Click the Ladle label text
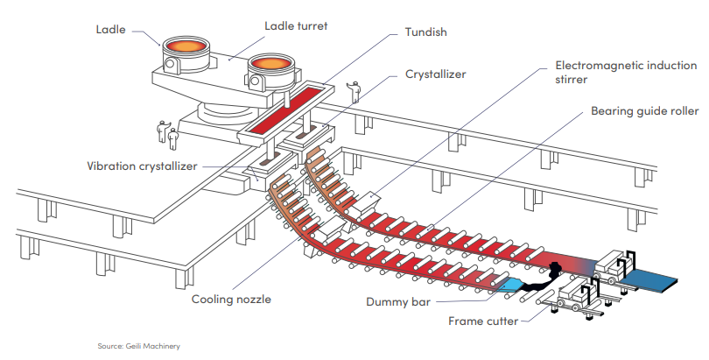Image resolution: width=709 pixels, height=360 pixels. (x=111, y=30)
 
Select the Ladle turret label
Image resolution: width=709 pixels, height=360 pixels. (x=296, y=25)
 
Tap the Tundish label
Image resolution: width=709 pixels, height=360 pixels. (x=426, y=32)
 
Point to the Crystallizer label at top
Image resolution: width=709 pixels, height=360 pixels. (x=435, y=74)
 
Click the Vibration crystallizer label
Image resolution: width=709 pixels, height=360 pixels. (x=142, y=166)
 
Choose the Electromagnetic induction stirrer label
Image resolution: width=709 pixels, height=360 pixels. (x=626, y=73)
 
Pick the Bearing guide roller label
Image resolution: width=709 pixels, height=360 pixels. (x=645, y=111)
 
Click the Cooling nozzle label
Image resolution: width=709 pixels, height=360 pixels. (x=231, y=299)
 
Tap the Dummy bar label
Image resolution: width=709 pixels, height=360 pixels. (x=398, y=301)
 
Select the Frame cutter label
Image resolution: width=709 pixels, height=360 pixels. (x=483, y=321)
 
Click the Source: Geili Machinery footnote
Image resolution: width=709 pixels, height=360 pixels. (x=139, y=346)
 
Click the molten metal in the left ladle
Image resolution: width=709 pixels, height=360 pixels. (x=186, y=46)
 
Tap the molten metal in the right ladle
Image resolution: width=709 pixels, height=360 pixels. (x=270, y=62)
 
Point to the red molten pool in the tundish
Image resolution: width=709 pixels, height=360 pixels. (x=284, y=109)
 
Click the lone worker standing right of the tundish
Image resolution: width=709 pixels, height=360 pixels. (x=355, y=92)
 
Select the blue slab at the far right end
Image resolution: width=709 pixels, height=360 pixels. (x=649, y=278)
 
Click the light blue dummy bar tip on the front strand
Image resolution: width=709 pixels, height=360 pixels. (x=513, y=285)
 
